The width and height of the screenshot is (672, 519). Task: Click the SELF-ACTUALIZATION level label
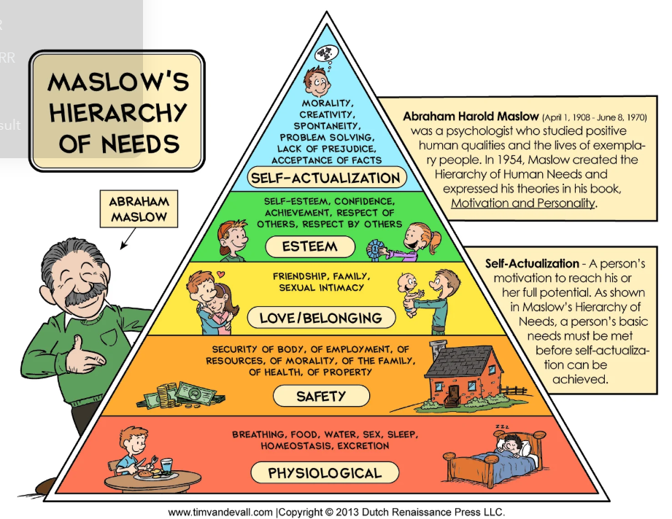point(325,177)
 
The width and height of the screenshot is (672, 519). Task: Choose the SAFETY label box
point(320,397)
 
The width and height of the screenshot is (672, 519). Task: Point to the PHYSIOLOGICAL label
point(325,473)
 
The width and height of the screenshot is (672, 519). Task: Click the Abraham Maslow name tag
point(138,208)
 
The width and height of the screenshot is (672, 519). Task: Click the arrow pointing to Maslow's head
point(126,237)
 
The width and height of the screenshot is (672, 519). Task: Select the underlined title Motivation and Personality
point(522,203)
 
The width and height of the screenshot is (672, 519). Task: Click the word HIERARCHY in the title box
point(119,113)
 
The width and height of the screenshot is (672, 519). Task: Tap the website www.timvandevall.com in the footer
point(220,512)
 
